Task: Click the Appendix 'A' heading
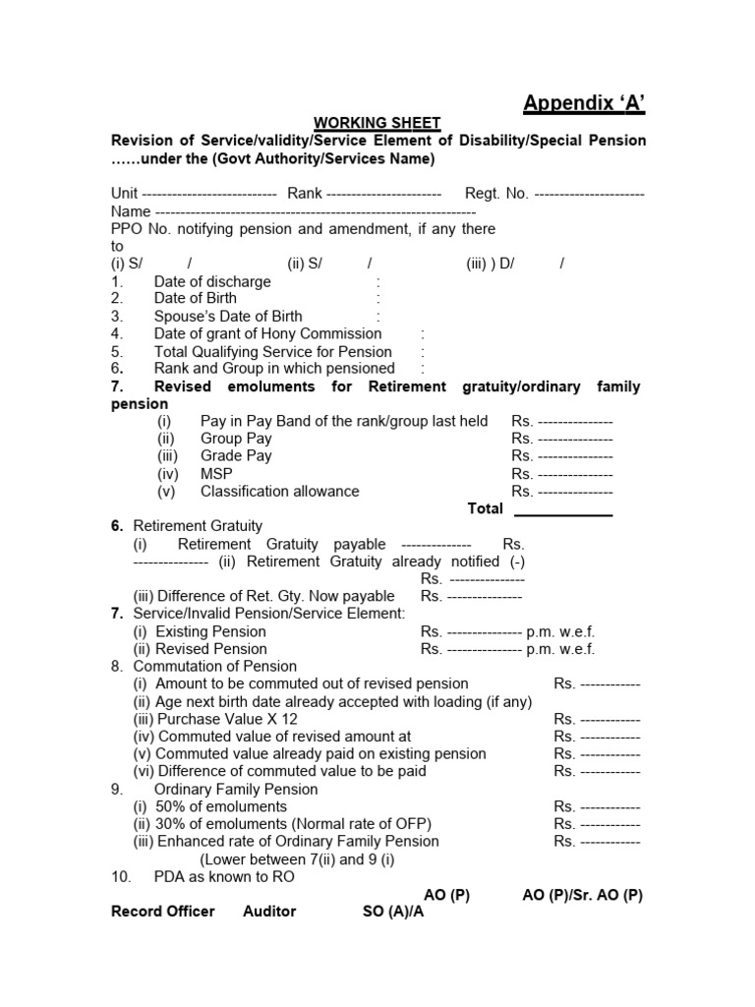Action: click(x=584, y=103)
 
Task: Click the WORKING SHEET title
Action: click(x=377, y=123)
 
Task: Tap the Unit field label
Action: click(x=124, y=194)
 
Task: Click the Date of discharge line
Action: click(x=211, y=281)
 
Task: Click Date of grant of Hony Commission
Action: click(x=267, y=334)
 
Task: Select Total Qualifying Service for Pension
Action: click(x=272, y=352)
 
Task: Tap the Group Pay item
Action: click(x=236, y=439)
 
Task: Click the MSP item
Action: click(x=216, y=474)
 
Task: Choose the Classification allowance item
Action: click(x=279, y=492)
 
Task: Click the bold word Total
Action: click(x=485, y=509)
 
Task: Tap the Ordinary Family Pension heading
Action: click(x=236, y=790)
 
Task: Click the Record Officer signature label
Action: click(x=163, y=912)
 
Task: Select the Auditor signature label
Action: click(x=269, y=912)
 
